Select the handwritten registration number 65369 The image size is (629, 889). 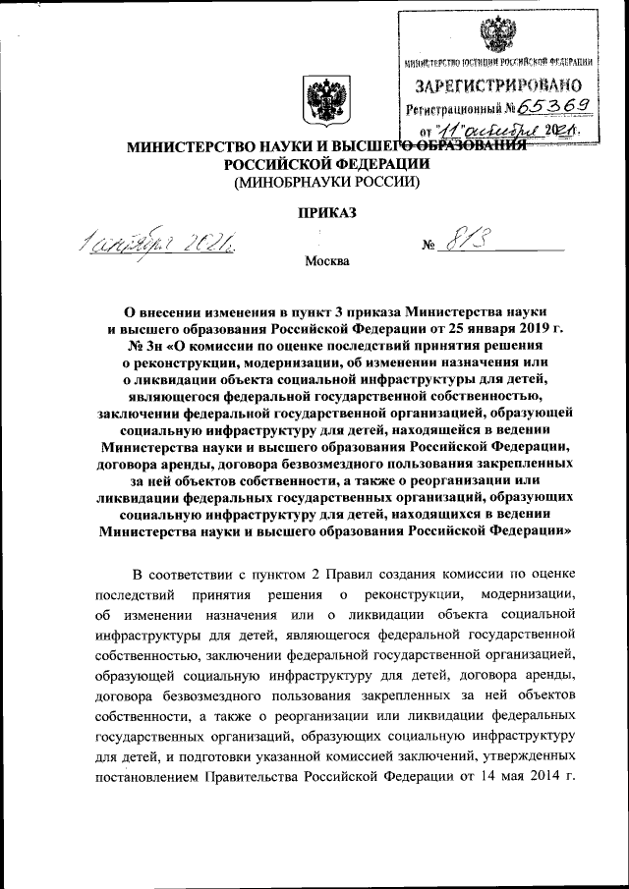pyautogui.click(x=557, y=107)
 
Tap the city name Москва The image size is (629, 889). pyautogui.click(x=325, y=262)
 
